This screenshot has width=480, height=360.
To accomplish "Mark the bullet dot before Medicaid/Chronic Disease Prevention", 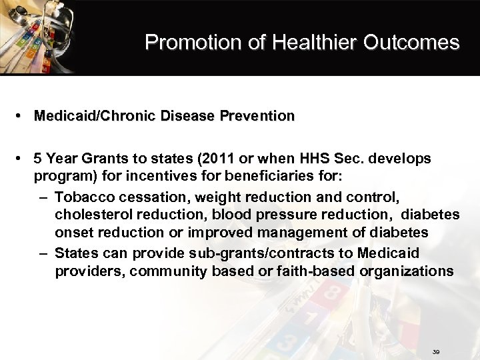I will pyautogui.click(x=23, y=116).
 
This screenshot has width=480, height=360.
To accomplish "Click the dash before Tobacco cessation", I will pyautogui.click(x=43, y=197).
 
